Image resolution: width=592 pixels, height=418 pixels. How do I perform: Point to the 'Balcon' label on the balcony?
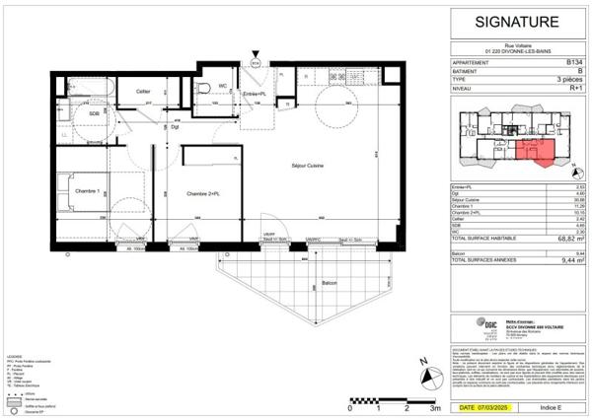(328, 283)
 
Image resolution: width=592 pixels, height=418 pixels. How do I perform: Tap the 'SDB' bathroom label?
(94, 113)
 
